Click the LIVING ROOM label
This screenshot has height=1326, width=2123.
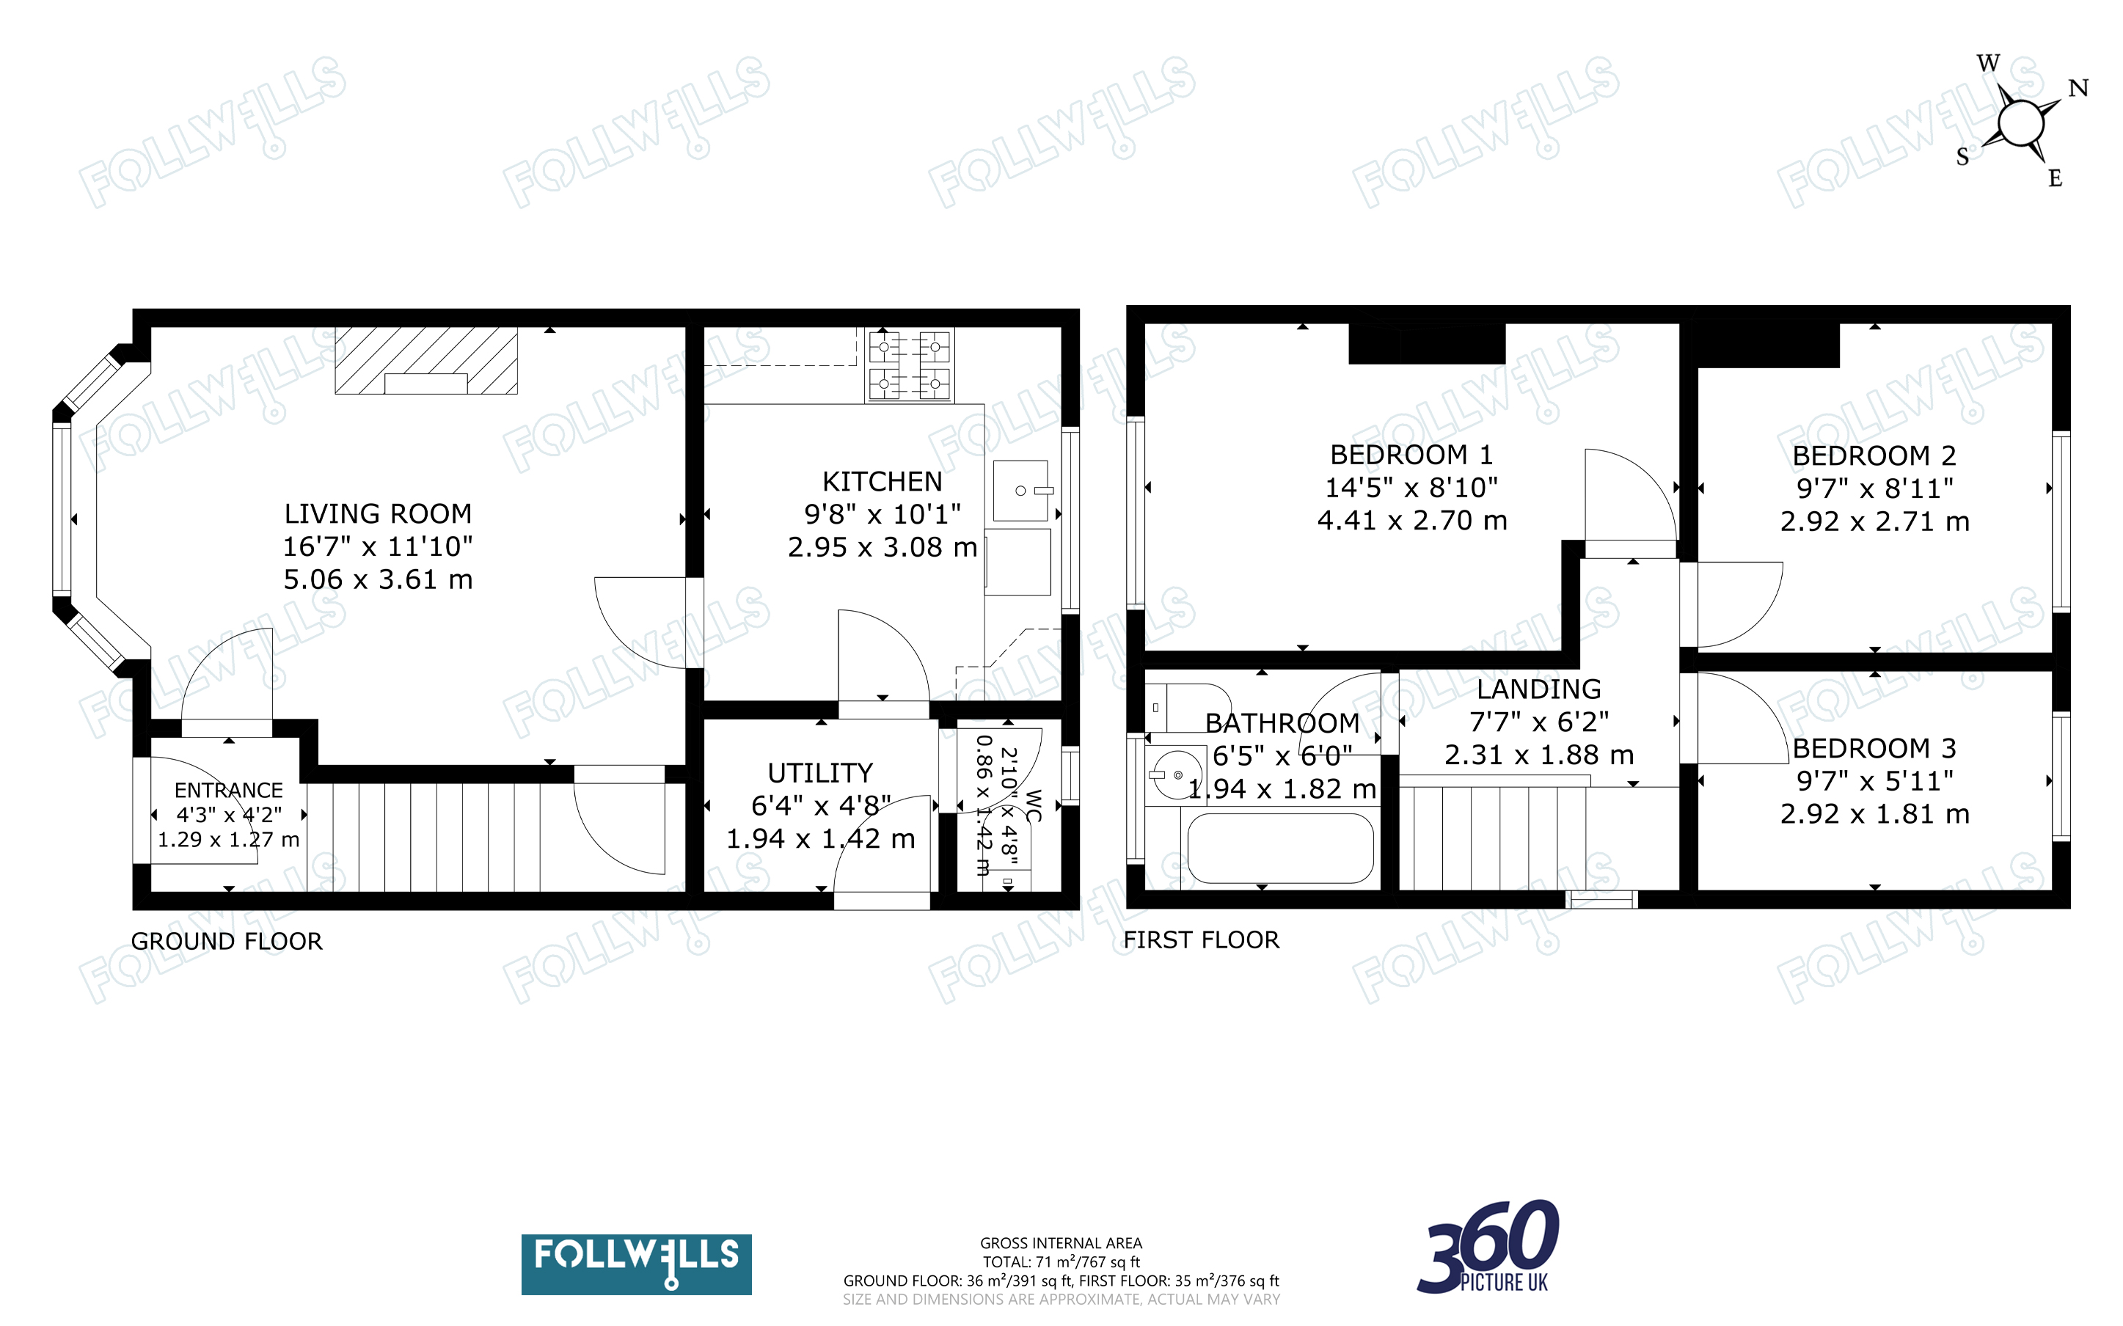378,513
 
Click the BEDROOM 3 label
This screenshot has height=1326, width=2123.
1874,748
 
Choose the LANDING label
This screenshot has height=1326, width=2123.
1539,689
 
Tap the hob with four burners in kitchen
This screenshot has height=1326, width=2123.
910,365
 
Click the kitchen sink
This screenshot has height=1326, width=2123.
1022,490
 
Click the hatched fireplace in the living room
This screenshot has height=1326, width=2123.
426,360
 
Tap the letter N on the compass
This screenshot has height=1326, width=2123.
2078,88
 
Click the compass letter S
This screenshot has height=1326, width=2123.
1962,157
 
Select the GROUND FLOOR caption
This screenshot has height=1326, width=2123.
226,941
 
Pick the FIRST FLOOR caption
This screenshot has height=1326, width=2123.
1202,939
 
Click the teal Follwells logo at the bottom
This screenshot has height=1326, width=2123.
636,1264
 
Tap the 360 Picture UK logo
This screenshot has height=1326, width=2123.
1488,1247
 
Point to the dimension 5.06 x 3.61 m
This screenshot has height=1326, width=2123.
378,579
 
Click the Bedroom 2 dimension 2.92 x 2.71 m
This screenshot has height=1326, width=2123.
1874,521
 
